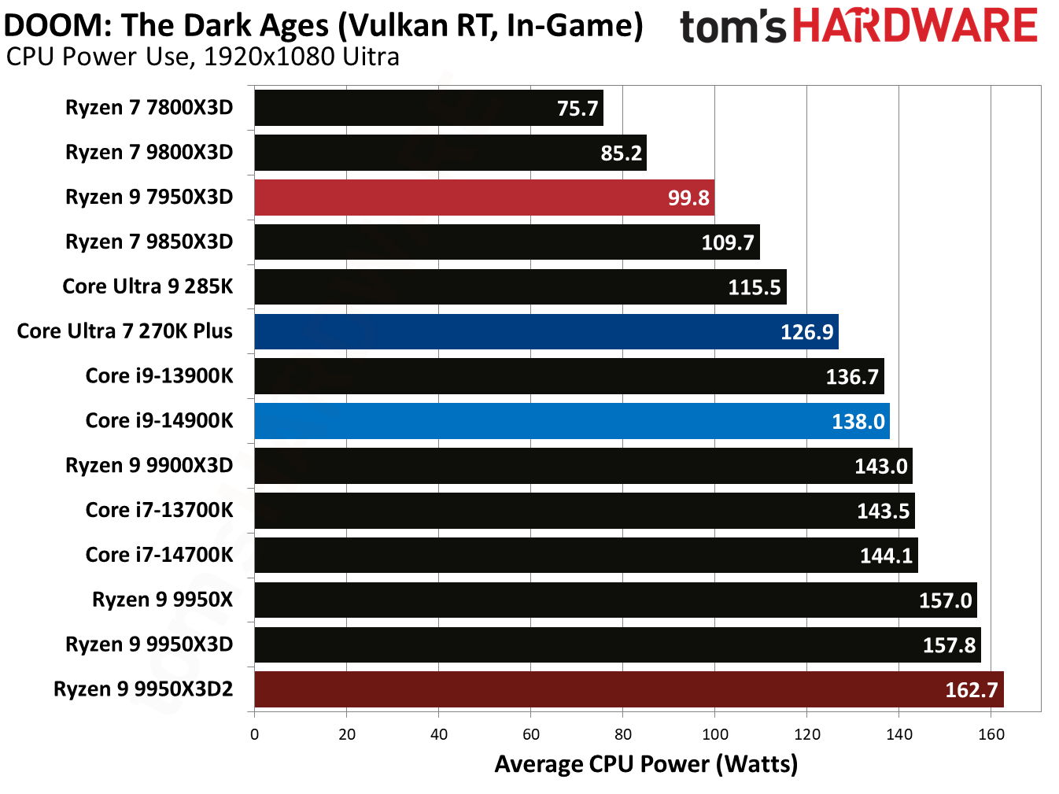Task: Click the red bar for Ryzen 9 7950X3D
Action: (484, 198)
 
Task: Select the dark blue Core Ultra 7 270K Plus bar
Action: (546, 331)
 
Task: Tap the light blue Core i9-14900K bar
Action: (571, 421)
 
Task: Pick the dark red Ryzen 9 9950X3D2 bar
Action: (629, 689)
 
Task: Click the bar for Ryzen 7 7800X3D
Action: (428, 108)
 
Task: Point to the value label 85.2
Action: (621, 153)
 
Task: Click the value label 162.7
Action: (971, 690)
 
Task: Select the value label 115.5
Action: (754, 287)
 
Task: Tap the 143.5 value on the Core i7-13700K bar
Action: (883, 511)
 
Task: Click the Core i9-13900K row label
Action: (159, 376)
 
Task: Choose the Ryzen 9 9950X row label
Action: (162, 600)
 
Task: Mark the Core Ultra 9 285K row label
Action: (147, 286)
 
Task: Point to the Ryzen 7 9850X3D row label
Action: (149, 242)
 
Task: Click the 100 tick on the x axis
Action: (714, 734)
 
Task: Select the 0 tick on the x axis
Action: (254, 734)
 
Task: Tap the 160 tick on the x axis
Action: (991, 734)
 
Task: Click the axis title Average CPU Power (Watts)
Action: (646, 764)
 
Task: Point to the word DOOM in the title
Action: (54, 26)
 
